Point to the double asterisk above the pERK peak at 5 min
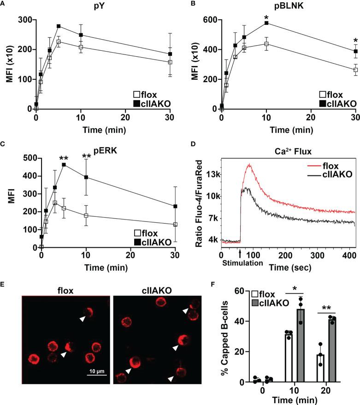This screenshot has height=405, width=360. [63, 159]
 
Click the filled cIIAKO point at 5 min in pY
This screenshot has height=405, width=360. [59, 26]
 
